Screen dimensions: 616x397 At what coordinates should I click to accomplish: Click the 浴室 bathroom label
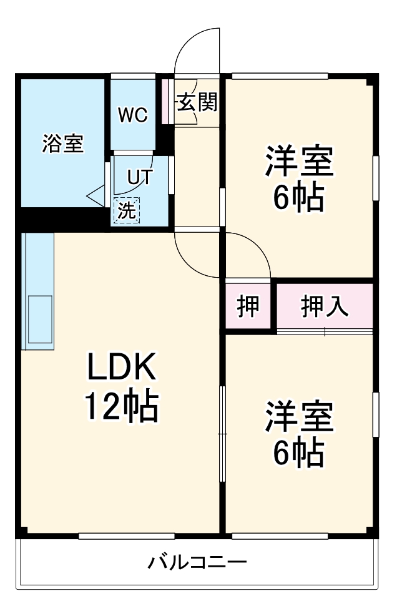click(62, 144)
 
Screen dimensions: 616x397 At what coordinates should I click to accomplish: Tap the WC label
click(133, 115)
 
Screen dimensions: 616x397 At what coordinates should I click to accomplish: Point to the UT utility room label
click(139, 177)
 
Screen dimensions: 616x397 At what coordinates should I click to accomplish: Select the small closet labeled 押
click(248, 306)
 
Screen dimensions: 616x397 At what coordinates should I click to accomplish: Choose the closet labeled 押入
click(325, 306)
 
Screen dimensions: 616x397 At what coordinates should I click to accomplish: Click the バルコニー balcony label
click(197, 562)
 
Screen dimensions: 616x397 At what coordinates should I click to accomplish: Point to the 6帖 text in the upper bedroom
click(298, 198)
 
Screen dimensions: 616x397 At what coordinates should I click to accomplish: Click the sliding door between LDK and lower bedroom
click(222, 433)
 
